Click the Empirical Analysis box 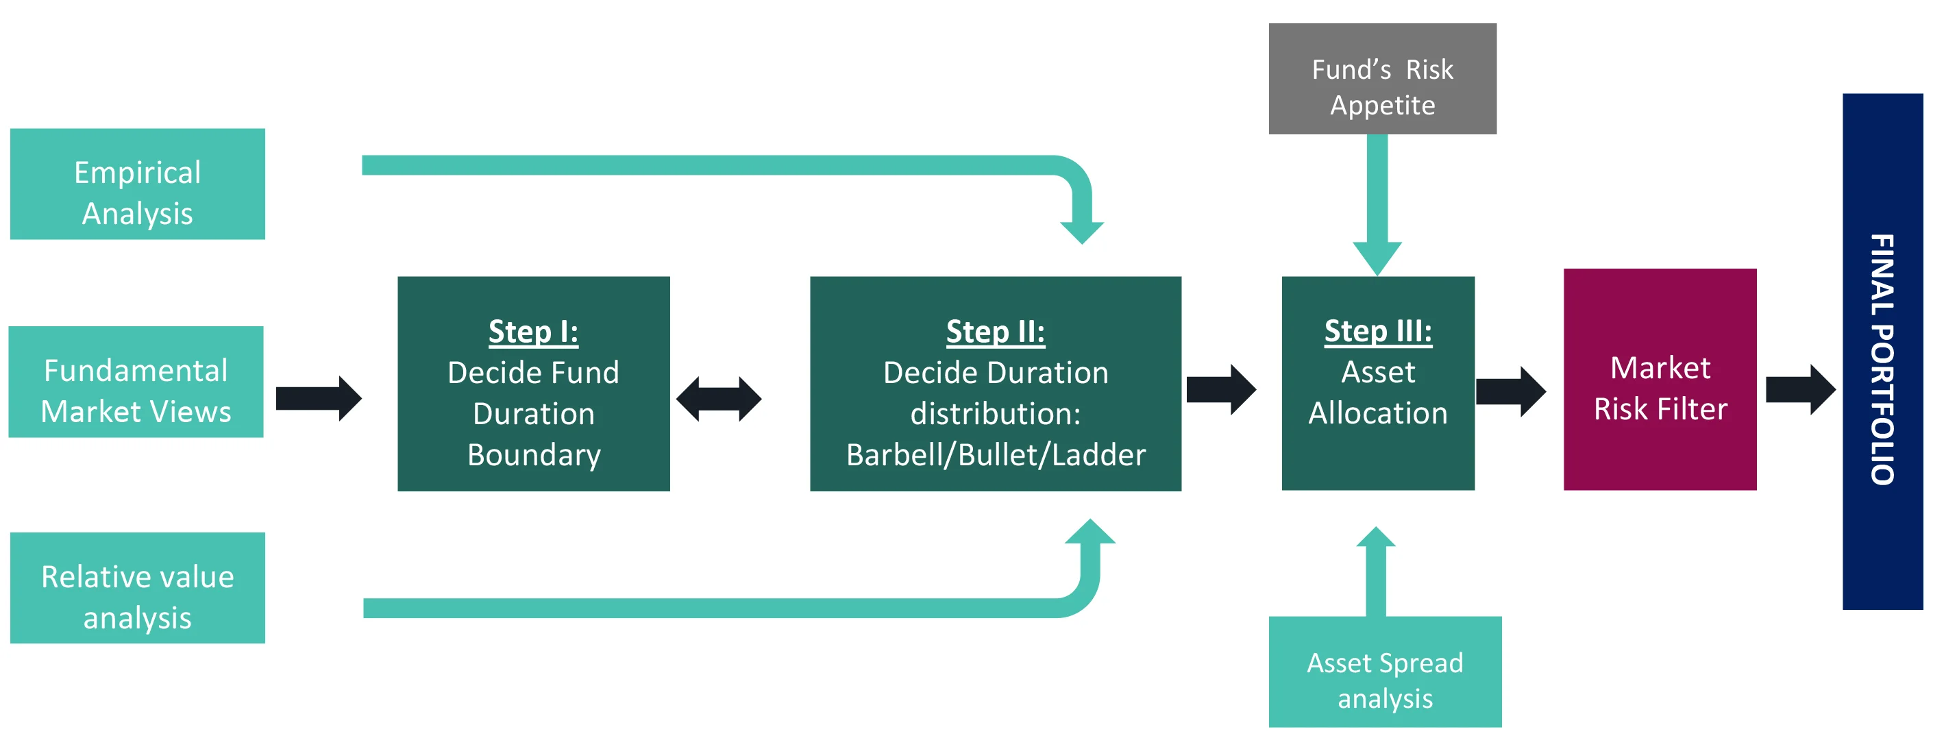pyautogui.click(x=137, y=184)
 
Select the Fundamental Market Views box pyautogui.click(x=136, y=381)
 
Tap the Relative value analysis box pyautogui.click(x=137, y=588)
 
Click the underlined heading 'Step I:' pyautogui.click(x=534, y=332)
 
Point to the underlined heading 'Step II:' pyautogui.click(x=995, y=332)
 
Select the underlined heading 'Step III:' pyautogui.click(x=1378, y=331)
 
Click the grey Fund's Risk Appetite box pyautogui.click(x=1382, y=79)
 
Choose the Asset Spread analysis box pyautogui.click(x=1386, y=672)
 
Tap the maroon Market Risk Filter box pyautogui.click(x=1660, y=379)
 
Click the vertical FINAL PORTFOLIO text pyautogui.click(x=1882, y=360)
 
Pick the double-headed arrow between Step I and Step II pyautogui.click(x=719, y=399)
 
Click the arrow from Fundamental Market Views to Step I pyautogui.click(x=319, y=399)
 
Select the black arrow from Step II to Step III pyautogui.click(x=1221, y=389)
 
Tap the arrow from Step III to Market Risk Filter pyautogui.click(x=1510, y=392)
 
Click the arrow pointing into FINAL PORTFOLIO pyautogui.click(x=1800, y=389)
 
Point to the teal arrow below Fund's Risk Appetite pyautogui.click(x=1377, y=205)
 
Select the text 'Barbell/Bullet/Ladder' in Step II pyautogui.click(x=996, y=455)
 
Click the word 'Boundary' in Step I pyautogui.click(x=534, y=455)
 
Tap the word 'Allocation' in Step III pyautogui.click(x=1378, y=413)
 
